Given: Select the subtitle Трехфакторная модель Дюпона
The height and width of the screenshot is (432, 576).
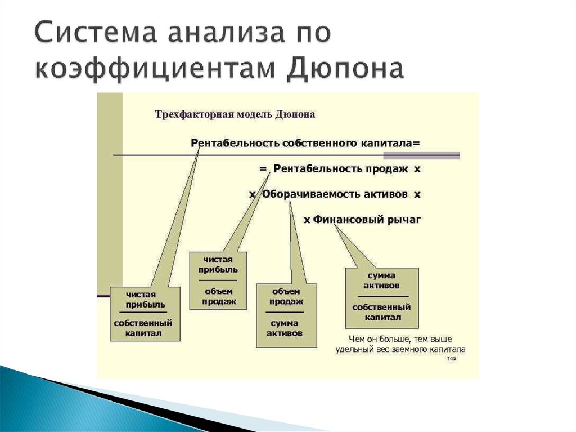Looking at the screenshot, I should click(235, 114).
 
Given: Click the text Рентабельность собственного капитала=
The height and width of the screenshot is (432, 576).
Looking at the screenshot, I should click(305, 143).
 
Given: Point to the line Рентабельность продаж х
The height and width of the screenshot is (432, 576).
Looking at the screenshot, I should click(340, 168).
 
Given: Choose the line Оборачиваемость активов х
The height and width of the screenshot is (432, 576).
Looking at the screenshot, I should click(335, 194).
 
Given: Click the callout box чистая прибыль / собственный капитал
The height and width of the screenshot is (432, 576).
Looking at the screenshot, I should click(144, 314).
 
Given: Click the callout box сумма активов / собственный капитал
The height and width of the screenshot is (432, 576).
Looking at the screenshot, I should click(381, 297).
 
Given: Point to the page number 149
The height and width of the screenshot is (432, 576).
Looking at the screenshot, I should click(451, 358).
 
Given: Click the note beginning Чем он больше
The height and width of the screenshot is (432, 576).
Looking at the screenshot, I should click(400, 339).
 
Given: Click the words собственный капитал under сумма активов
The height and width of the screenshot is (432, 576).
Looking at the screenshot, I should click(381, 312).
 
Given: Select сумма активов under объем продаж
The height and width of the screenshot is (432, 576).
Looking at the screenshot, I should click(286, 328).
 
